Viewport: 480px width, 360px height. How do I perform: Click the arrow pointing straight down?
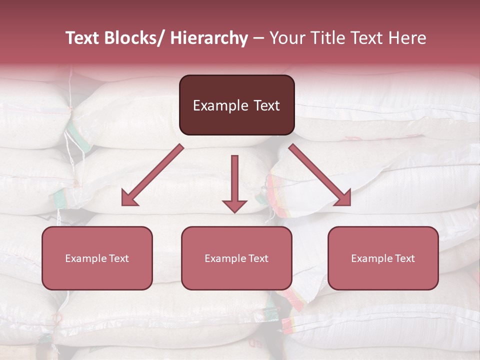click(x=234, y=182)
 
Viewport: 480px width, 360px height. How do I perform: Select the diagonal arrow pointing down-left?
click(x=152, y=175)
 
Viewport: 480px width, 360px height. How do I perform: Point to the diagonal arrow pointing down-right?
click(x=320, y=175)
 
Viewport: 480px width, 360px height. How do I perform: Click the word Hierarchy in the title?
click(x=209, y=38)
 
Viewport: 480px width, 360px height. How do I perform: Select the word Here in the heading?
click(x=408, y=38)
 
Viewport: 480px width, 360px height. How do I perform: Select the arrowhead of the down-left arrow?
click(x=128, y=199)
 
